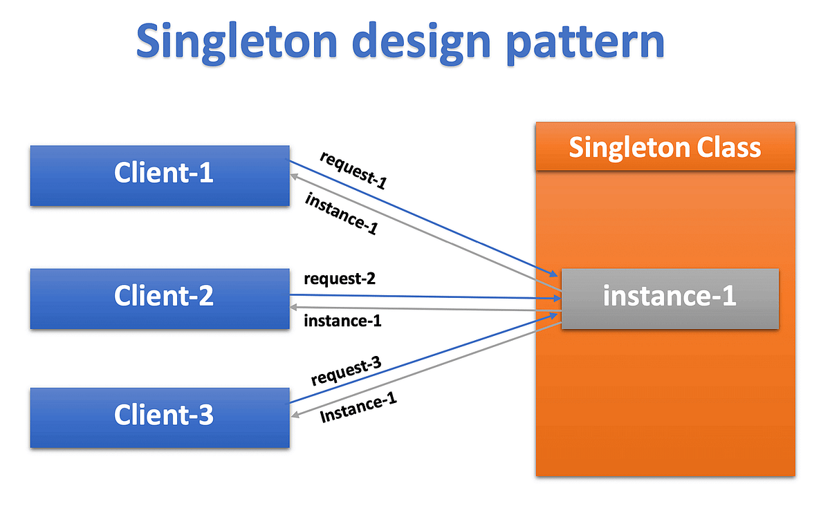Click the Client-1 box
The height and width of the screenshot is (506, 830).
tap(159, 175)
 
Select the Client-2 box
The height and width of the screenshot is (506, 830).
tap(159, 298)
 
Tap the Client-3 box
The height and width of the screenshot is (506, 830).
tap(159, 418)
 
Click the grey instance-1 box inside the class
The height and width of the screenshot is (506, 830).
tap(670, 298)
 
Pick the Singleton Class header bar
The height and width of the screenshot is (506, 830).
tap(665, 147)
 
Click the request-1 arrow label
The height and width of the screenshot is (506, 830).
tap(353, 169)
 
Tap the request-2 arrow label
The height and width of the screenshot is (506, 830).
tap(339, 279)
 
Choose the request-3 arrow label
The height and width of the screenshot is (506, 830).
tap(347, 373)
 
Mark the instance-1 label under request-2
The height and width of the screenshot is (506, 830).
tap(342, 321)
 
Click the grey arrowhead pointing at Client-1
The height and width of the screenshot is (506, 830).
tap(295, 177)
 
